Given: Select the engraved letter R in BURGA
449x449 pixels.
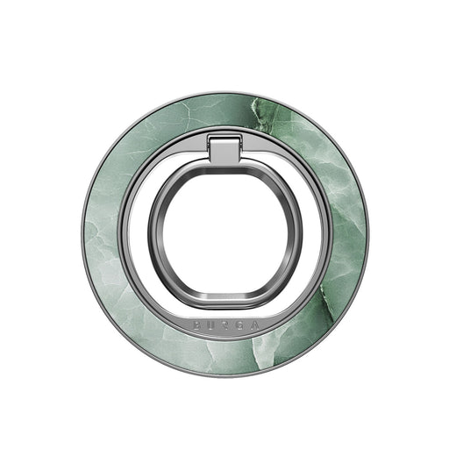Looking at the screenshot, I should pos(224,324).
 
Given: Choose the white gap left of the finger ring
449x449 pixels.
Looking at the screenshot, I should pos(137,232).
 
